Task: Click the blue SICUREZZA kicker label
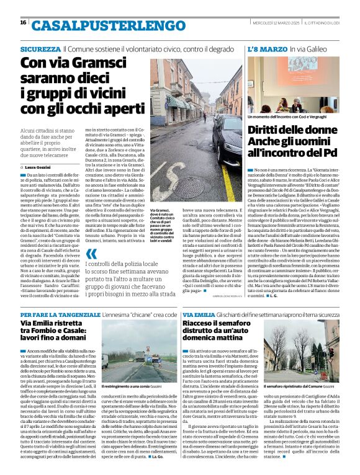tap(40, 48)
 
